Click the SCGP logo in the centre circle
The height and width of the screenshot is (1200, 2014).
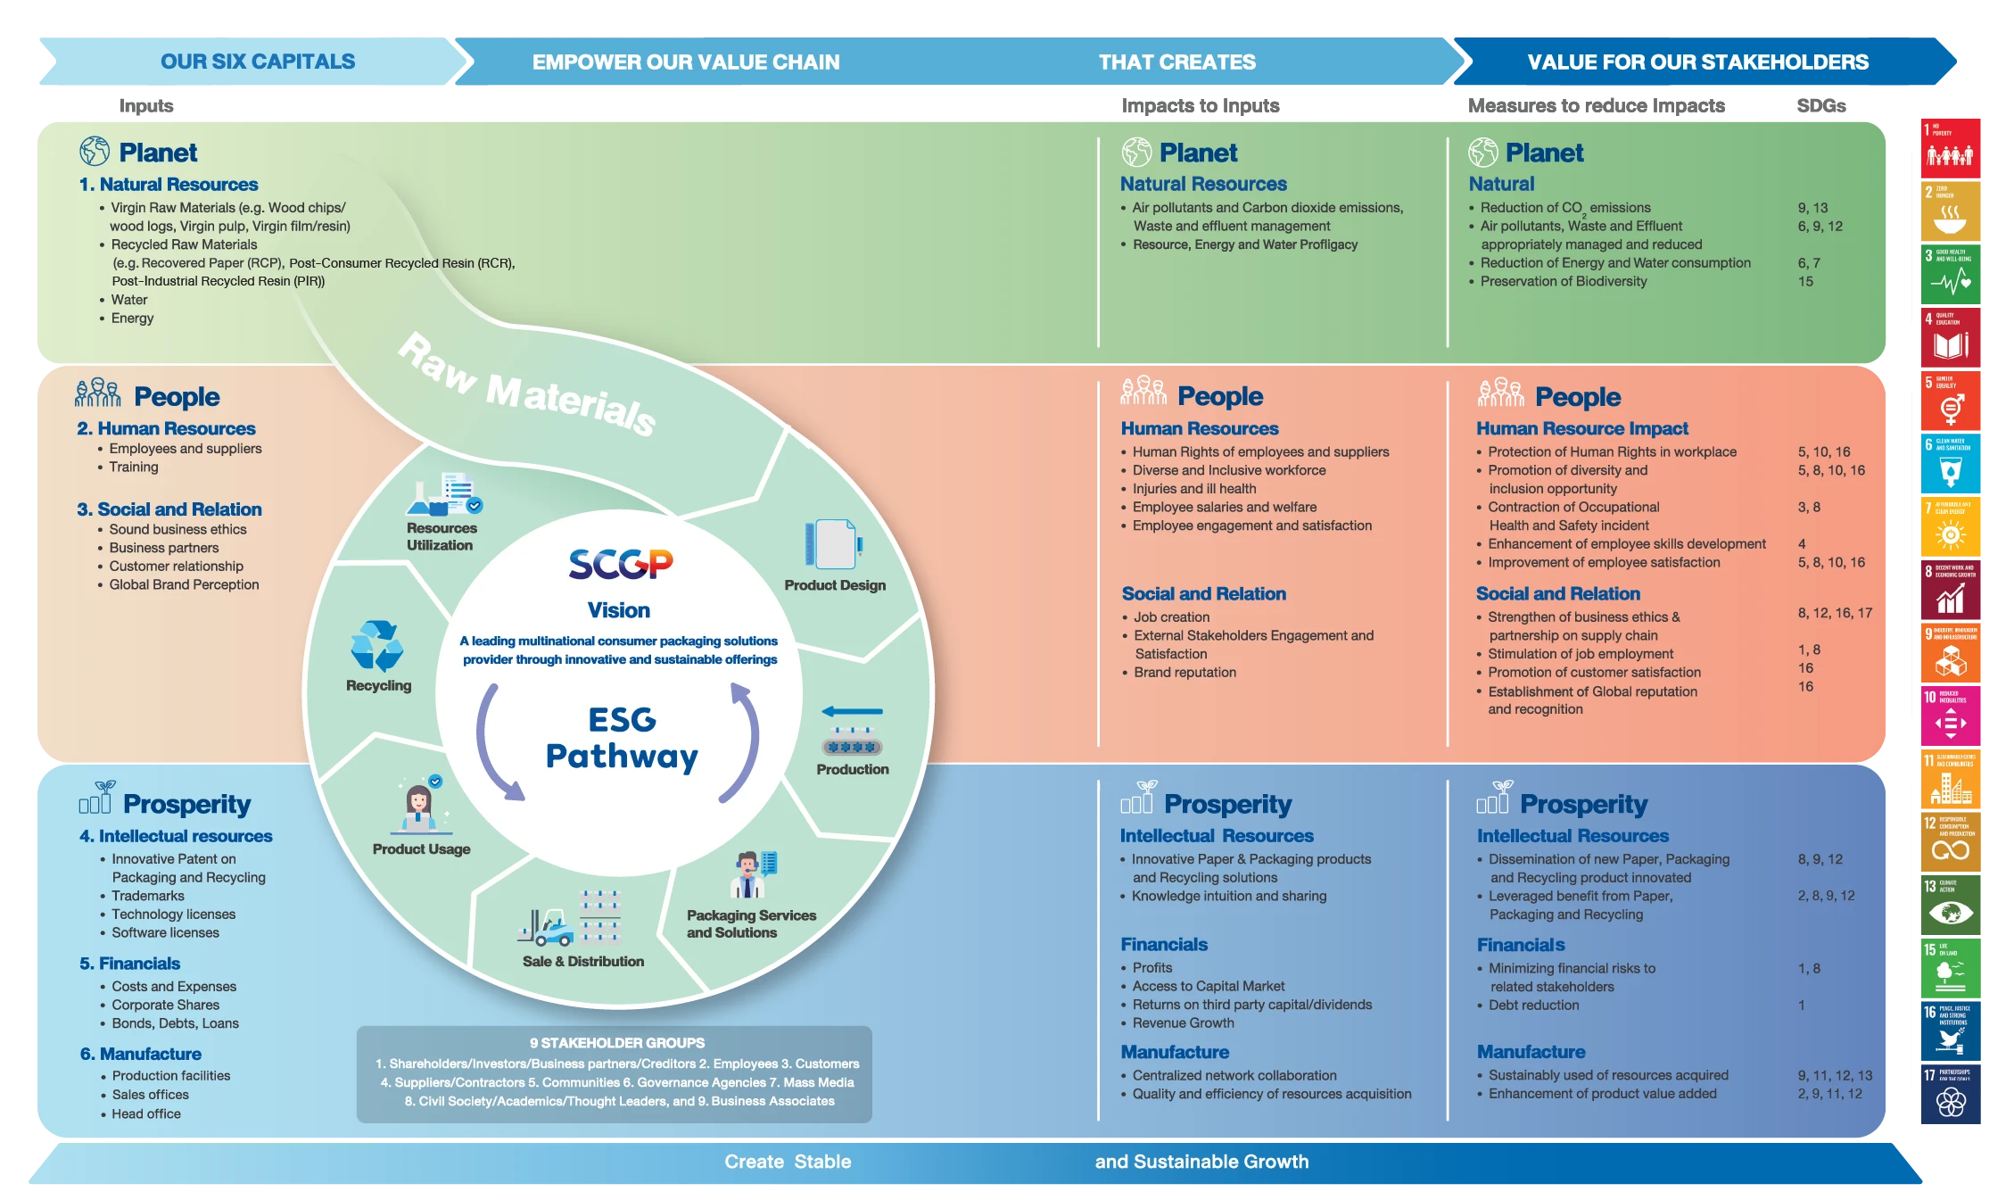click(x=621, y=564)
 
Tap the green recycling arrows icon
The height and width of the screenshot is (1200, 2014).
click(x=377, y=646)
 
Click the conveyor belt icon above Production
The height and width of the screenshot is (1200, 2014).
click(x=853, y=732)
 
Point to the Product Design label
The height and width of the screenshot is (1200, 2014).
click(x=835, y=585)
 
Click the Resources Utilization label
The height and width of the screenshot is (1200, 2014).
click(x=441, y=536)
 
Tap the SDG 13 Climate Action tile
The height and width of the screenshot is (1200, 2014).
click(x=1951, y=903)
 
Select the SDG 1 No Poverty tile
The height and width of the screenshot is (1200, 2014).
click(x=1951, y=147)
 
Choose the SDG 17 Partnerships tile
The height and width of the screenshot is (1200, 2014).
click(x=1951, y=1094)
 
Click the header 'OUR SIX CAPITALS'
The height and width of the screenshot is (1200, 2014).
click(x=258, y=62)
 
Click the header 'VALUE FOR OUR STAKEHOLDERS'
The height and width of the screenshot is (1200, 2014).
click(x=1697, y=62)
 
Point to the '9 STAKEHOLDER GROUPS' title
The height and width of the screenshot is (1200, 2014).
click(x=617, y=1043)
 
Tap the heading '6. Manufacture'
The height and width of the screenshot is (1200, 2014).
click(x=141, y=1054)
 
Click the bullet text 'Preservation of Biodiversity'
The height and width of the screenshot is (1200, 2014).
click(x=1564, y=281)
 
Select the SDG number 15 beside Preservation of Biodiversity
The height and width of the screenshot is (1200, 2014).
click(x=1805, y=281)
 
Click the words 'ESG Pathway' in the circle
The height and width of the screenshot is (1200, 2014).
click(x=622, y=738)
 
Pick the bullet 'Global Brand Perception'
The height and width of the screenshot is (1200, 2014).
click(x=184, y=584)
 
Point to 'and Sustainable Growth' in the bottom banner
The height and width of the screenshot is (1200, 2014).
click(x=1201, y=1162)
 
